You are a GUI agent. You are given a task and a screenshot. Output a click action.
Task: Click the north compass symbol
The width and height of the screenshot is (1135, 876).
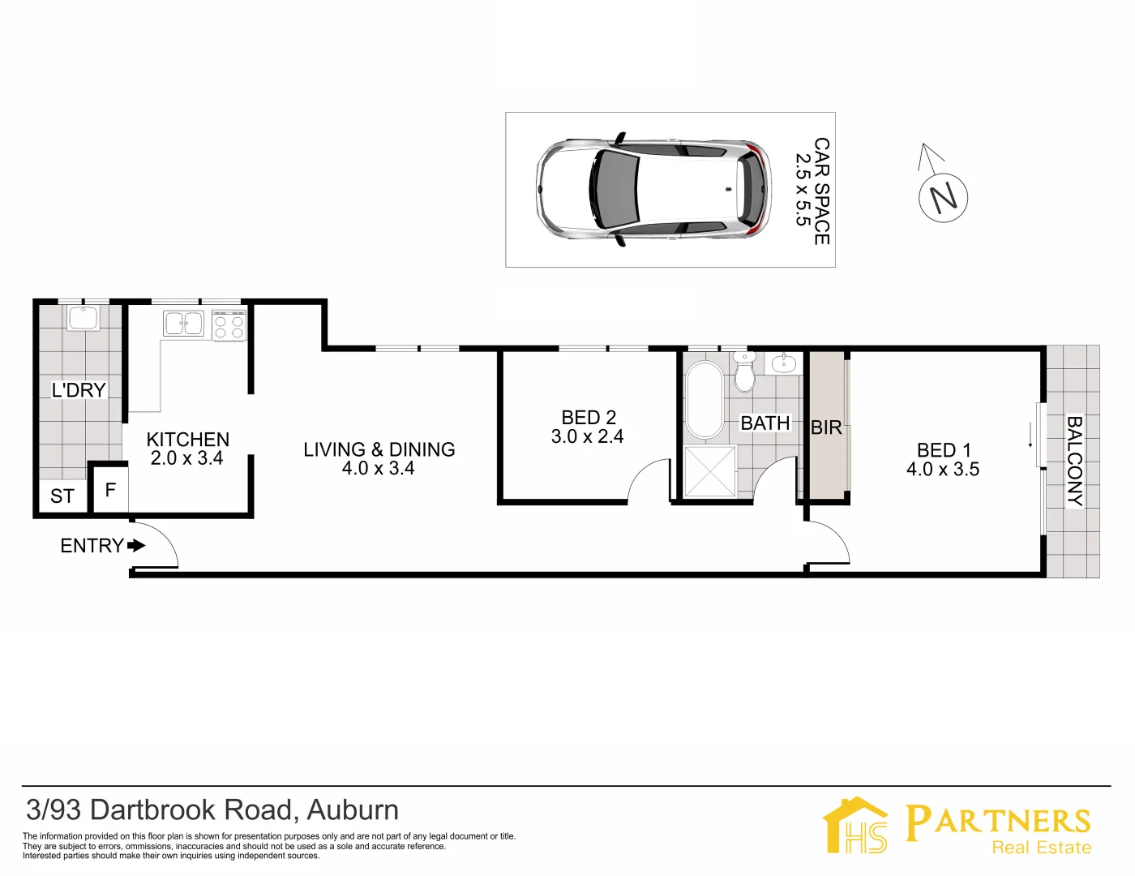943,197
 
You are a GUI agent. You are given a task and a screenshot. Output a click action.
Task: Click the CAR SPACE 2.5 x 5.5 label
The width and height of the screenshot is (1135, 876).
812,191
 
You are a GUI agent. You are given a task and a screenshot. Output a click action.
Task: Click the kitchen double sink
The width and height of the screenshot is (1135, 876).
184,323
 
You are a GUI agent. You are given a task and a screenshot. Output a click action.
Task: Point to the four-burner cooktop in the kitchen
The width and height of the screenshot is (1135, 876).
229,326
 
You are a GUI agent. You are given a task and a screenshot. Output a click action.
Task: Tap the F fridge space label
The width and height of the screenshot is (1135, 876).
111,489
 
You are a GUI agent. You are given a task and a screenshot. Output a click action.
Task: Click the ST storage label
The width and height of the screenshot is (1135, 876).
62,496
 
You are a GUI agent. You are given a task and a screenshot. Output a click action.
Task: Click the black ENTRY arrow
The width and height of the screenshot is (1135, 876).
136,546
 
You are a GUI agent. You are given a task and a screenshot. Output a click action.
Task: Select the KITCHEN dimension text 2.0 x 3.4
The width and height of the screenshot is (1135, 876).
186,458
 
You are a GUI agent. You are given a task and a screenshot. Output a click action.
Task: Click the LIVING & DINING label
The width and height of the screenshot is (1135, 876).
379,449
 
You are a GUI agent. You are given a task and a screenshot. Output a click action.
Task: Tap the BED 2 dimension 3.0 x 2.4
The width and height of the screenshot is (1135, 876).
587,436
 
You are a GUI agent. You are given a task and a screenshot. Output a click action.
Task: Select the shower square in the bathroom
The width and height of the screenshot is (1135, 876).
709,470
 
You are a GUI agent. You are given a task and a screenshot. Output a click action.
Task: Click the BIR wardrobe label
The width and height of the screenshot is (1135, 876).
826,427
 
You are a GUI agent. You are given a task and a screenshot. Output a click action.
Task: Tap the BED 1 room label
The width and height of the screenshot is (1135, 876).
943,450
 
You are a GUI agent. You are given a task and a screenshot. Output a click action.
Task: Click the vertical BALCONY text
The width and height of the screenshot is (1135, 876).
1073,461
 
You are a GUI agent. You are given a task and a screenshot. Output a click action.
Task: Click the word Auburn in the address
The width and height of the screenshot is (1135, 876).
353,809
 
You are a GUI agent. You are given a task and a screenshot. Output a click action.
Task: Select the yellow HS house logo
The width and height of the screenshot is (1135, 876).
856,825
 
